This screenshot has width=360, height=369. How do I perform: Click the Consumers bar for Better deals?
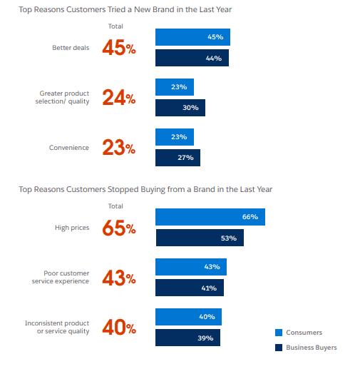(192, 37)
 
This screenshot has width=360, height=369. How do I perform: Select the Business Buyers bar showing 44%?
(192, 58)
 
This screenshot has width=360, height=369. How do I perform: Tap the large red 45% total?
(118, 49)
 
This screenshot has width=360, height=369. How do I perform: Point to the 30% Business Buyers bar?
(180, 108)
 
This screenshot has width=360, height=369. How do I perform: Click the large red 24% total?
(118, 98)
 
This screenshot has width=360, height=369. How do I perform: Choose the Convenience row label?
(69, 148)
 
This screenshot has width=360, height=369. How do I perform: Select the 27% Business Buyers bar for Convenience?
(178, 158)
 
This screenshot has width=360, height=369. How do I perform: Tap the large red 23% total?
(118, 148)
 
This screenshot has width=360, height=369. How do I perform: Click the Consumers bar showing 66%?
(210, 217)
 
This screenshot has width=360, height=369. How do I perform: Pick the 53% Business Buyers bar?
(200, 238)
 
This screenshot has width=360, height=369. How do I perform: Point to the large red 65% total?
(118, 228)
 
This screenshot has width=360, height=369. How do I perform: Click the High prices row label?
(72, 228)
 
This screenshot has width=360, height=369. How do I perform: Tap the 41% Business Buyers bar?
(190, 288)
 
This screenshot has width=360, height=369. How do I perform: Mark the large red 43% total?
(118, 278)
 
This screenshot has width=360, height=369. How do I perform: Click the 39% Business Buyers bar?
(187, 338)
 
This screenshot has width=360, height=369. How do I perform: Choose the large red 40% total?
(118, 328)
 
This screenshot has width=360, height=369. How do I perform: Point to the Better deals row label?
(71, 48)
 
